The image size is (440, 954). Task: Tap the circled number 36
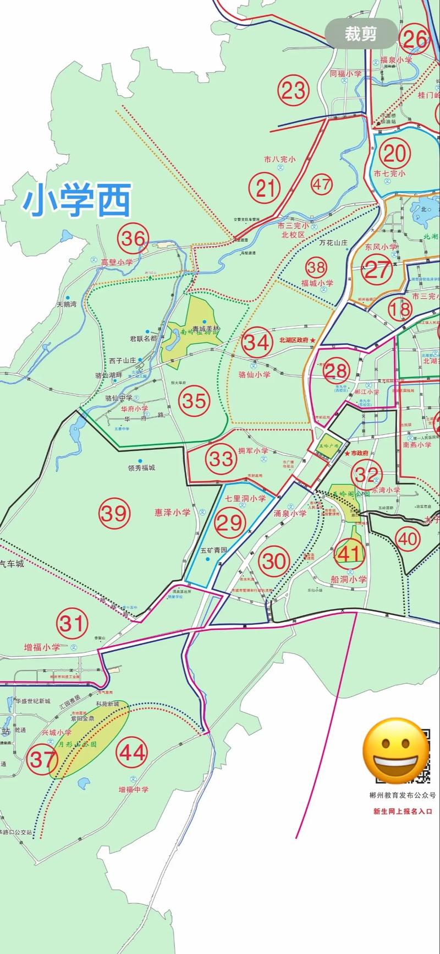pos(133,239)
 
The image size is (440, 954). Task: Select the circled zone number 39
pos(114,514)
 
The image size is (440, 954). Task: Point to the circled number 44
pos(133,752)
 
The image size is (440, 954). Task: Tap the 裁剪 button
pos(361,34)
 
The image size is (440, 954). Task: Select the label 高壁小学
pos(117,263)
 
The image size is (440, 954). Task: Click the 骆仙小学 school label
pos(254,374)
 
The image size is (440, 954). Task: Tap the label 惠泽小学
pos(172,513)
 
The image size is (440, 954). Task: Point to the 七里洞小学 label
pos(245,498)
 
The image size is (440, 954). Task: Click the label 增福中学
pos(133,789)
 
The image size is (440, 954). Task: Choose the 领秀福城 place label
pos(141,468)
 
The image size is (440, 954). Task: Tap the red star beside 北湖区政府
pos(313,341)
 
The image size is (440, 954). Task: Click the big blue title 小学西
pos(77,201)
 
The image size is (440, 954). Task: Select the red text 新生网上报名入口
pos(403,811)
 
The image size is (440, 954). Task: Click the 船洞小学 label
pos(348,579)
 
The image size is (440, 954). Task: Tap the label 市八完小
pos(279,159)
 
